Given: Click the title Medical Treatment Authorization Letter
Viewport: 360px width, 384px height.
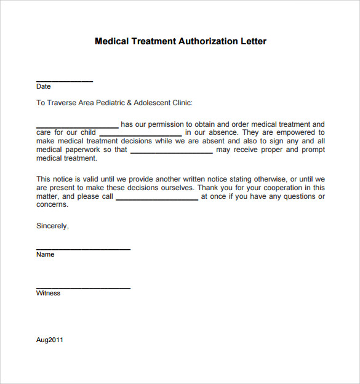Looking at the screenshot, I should (180, 42).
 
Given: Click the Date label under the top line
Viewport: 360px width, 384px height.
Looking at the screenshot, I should (43, 87).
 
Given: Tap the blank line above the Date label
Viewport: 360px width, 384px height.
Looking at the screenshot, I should (65, 81).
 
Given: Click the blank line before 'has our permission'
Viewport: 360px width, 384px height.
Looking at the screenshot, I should (77, 127).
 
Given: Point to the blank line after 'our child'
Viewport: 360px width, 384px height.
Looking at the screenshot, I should (140, 135).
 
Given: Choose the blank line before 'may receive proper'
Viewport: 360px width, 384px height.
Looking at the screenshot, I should (172, 152).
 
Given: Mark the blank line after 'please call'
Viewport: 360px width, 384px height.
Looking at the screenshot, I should (157, 199).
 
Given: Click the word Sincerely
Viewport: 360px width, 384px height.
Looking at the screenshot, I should (52, 226).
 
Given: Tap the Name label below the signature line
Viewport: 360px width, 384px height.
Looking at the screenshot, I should (46, 255).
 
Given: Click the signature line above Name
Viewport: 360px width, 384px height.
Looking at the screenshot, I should (83, 249).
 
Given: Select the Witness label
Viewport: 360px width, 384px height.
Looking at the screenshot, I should (48, 294).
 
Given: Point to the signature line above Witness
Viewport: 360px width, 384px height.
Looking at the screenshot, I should (83, 288).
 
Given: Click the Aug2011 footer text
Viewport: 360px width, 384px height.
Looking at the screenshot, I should (50, 340).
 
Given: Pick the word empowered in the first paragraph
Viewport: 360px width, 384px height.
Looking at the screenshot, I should (292, 132).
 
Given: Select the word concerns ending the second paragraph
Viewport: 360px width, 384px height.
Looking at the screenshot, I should (52, 205).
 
